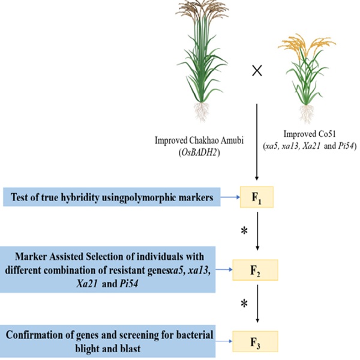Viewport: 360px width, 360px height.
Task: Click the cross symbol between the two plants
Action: point(257,71)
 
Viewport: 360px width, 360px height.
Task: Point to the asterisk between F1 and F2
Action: point(244,232)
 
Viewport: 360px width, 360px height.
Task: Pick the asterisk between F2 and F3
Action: point(244,304)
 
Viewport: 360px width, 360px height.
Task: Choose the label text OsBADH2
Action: point(197,150)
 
